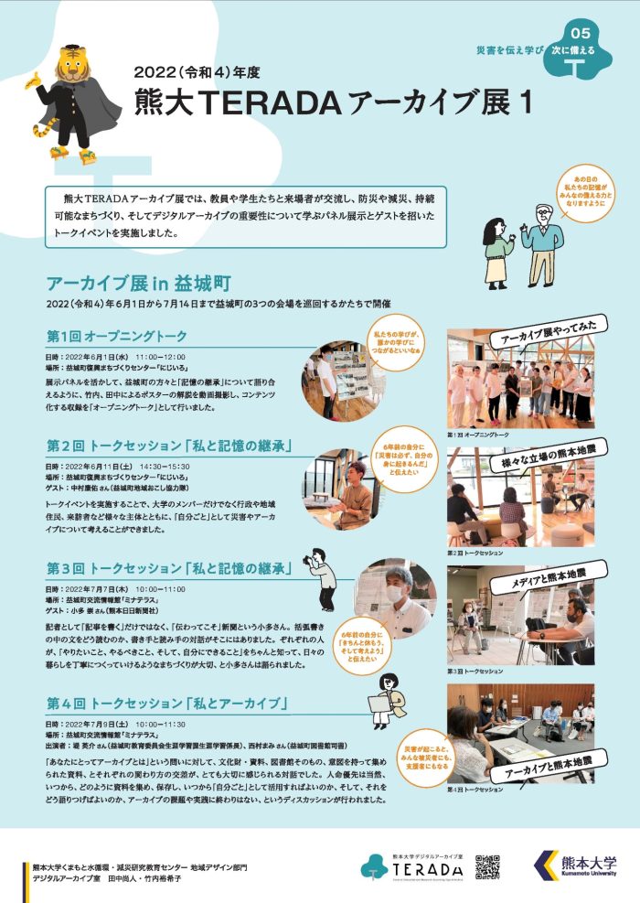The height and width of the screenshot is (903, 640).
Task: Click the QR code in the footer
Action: point(487,865)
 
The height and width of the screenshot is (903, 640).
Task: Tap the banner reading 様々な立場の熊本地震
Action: point(540,452)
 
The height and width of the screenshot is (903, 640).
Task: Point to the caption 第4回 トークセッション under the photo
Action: point(475,789)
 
